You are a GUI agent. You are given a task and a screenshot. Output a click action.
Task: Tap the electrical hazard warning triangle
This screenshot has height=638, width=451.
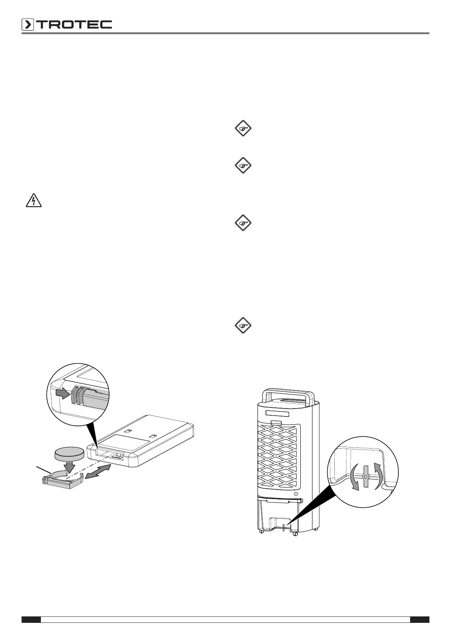click(33, 201)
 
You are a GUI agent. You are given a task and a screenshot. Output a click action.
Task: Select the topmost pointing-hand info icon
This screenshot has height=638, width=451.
click(243, 128)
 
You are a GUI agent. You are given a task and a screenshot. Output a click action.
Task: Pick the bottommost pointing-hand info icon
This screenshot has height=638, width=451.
click(243, 325)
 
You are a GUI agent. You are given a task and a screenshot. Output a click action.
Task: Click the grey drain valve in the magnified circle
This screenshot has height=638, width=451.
click(365, 475)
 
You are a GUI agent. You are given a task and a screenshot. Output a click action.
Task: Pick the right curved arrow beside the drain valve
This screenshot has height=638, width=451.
click(378, 475)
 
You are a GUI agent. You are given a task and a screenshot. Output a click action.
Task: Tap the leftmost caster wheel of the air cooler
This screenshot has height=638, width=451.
click(261, 533)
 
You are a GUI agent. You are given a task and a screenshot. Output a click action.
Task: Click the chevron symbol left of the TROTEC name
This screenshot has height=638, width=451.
click(28, 25)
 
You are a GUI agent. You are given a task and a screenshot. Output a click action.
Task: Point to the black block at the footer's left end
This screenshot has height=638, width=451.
click(31, 619)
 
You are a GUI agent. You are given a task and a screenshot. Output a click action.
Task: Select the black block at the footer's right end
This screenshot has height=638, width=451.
click(420, 619)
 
